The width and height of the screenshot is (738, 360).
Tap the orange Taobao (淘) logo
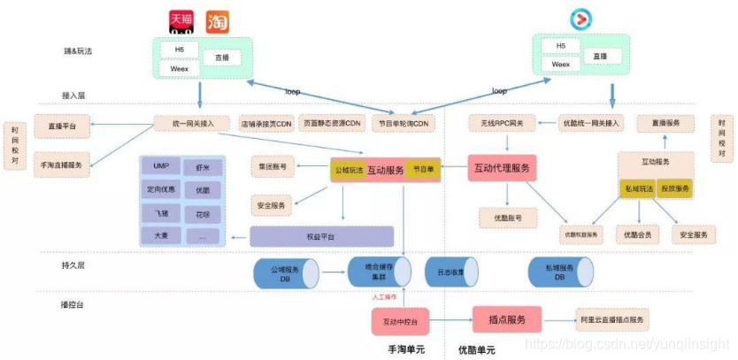(x=216, y=21)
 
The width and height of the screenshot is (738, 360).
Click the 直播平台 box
(x=62, y=126)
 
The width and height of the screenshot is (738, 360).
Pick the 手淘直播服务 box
(x=62, y=165)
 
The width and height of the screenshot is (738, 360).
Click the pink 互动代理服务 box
(x=502, y=167)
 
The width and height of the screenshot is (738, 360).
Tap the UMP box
(x=161, y=166)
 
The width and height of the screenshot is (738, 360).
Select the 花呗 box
(x=202, y=213)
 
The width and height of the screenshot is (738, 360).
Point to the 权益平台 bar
(x=320, y=236)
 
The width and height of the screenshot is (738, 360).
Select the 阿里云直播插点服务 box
(x=612, y=319)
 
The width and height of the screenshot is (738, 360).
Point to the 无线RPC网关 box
(x=502, y=124)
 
